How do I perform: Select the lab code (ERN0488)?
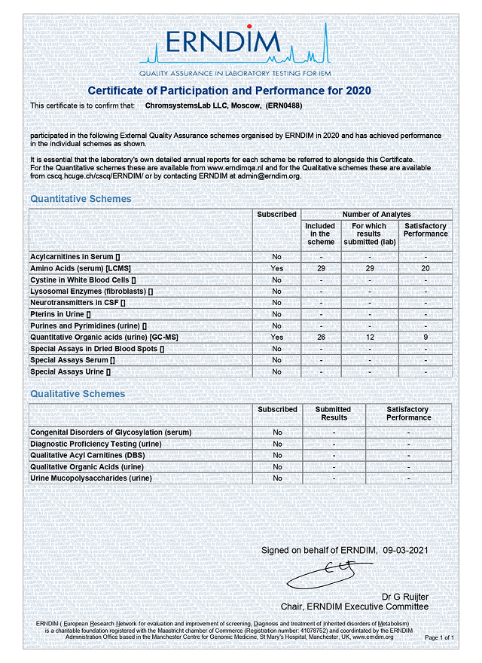(x=282, y=106)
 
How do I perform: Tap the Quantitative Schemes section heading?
(x=81, y=199)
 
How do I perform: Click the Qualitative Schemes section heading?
(x=78, y=394)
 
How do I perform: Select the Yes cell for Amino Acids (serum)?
(x=277, y=268)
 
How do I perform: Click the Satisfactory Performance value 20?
(x=426, y=268)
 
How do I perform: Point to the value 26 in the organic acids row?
(x=322, y=337)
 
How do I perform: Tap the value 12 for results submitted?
(x=370, y=337)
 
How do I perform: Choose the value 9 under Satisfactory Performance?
(x=426, y=337)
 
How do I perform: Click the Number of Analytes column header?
(x=377, y=215)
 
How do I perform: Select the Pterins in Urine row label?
(x=60, y=314)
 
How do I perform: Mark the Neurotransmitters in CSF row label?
(x=78, y=303)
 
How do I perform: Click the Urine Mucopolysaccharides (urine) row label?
(x=91, y=478)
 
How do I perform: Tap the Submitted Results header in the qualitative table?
(x=334, y=414)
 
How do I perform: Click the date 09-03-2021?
(x=405, y=551)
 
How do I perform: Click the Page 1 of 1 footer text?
(x=440, y=638)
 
